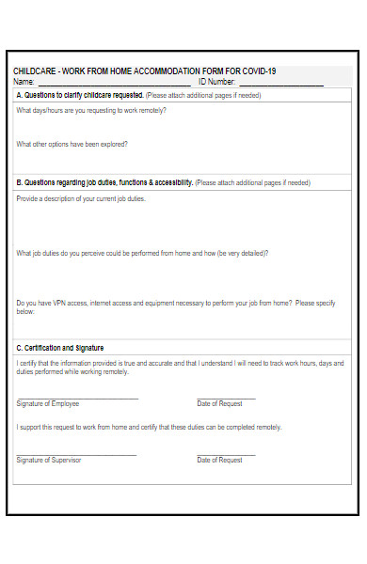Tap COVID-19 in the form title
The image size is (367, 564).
coord(259,71)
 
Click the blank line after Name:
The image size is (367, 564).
coord(113,84)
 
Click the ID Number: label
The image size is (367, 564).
coord(217,81)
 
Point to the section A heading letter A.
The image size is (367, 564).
coord(20,95)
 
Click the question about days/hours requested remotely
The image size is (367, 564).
coord(91,110)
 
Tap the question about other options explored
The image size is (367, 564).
coord(72,144)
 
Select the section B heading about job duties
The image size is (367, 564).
coord(104,182)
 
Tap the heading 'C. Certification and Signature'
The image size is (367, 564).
coord(60,348)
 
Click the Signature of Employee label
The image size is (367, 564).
coord(48,403)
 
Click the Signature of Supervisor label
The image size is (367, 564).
coord(49,460)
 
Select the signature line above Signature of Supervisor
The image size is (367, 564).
coord(77,455)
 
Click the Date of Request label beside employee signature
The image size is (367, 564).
coord(219,403)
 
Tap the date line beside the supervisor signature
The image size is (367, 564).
coord(226,455)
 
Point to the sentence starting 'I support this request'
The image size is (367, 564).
coord(149,428)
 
